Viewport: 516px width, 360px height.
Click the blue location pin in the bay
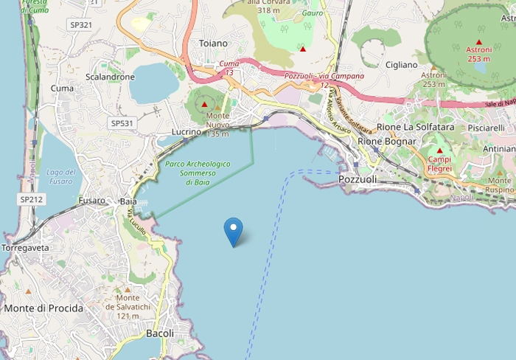[234, 231]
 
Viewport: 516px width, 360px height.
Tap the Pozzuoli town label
[358, 179]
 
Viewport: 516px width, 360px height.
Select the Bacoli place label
[160, 333]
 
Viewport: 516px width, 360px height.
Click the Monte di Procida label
[43, 308]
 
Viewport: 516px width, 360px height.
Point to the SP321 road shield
[81, 24]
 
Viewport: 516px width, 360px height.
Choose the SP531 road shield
[121, 122]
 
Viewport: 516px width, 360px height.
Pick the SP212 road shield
[32, 199]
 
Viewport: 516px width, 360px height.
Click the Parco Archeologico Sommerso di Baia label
[198, 173]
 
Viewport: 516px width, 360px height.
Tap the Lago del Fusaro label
[60, 176]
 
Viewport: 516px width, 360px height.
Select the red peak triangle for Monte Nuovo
[204, 105]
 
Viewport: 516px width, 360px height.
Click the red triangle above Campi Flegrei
[439, 150]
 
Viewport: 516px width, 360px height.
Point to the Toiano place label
[213, 44]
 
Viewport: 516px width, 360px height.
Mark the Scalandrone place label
[111, 77]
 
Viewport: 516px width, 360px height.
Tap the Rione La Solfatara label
[408, 127]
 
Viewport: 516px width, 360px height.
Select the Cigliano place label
[401, 65]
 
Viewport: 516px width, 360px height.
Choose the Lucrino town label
[186, 131]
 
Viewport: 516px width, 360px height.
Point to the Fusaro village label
[92, 200]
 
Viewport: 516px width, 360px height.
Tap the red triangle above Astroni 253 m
[479, 41]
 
